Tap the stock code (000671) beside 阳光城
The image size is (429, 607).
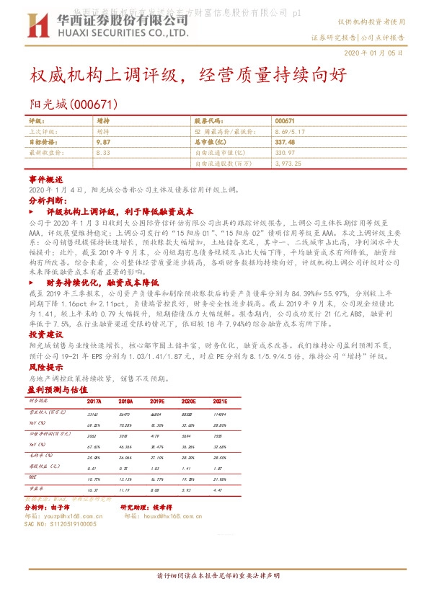(x=90, y=105)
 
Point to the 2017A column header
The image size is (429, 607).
(x=94, y=401)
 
